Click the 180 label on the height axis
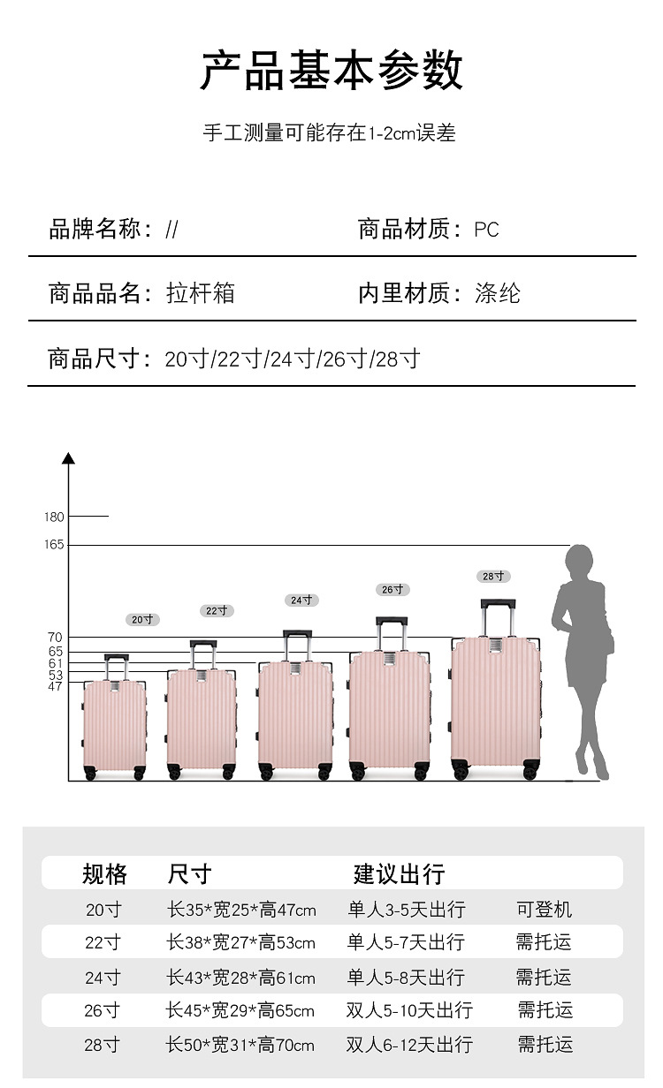tap(54, 517)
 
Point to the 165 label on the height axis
tap(54, 545)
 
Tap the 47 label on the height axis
tap(55, 686)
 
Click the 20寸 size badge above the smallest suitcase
tap(142, 620)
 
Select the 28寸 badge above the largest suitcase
tap(494, 577)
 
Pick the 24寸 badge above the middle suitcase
tap(302, 601)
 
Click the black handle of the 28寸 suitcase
tap(498, 605)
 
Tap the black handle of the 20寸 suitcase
tap(116, 657)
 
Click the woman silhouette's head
tap(579, 562)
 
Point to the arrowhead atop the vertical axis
tap(69, 457)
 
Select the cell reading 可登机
tap(545, 910)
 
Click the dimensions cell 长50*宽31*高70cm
tap(240, 1046)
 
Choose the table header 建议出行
tap(399, 874)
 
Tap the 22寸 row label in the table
tap(103, 942)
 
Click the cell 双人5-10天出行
tap(409, 1010)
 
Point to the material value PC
tap(486, 230)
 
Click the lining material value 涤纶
tap(498, 294)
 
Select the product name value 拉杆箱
tap(201, 294)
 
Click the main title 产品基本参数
tap(331, 71)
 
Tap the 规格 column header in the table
tap(104, 874)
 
